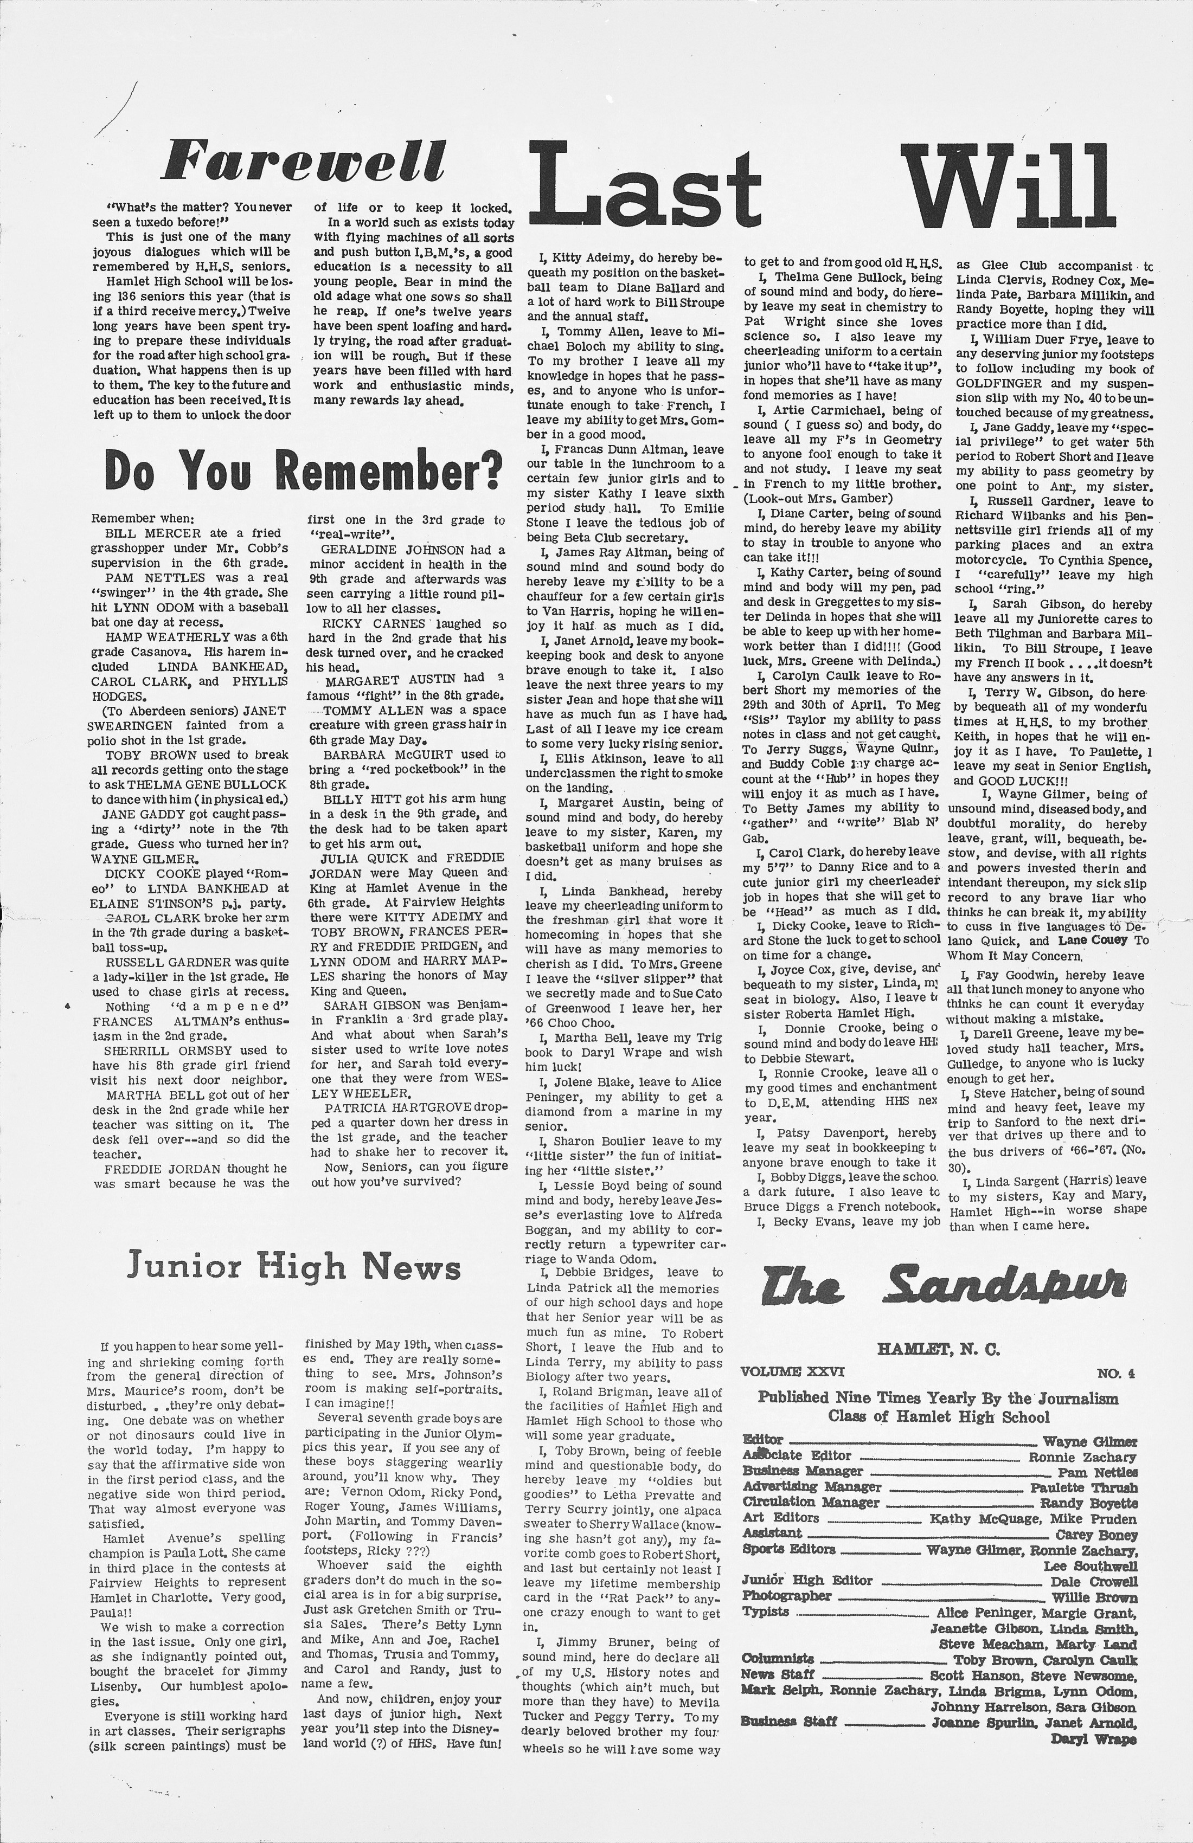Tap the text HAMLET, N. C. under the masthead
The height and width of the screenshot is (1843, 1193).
(938, 1349)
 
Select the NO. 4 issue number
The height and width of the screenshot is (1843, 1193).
(1115, 1373)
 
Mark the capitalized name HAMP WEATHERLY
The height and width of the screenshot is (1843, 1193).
(159, 636)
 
